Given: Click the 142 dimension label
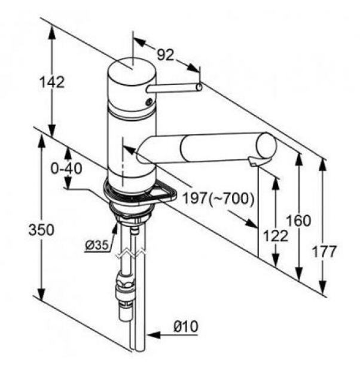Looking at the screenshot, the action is point(52,82).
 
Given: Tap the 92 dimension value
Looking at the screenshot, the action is point(166,54).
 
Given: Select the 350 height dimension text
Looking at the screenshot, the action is point(41,230).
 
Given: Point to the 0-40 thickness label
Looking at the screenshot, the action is point(66,169).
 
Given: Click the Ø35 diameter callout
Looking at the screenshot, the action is point(97,245).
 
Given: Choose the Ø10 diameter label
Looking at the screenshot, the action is point(186,326).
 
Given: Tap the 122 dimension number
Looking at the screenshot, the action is point(276,236).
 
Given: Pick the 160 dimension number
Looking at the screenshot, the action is point(298,220).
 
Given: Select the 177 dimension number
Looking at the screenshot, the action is point(325,251).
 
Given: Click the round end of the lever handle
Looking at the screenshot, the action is point(199,87).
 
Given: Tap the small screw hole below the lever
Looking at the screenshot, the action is point(149,102).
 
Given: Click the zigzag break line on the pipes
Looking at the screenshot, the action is point(131,254).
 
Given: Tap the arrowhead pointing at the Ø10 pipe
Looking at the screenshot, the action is point(154,335).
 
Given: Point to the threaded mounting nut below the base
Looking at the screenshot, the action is point(132,213).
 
